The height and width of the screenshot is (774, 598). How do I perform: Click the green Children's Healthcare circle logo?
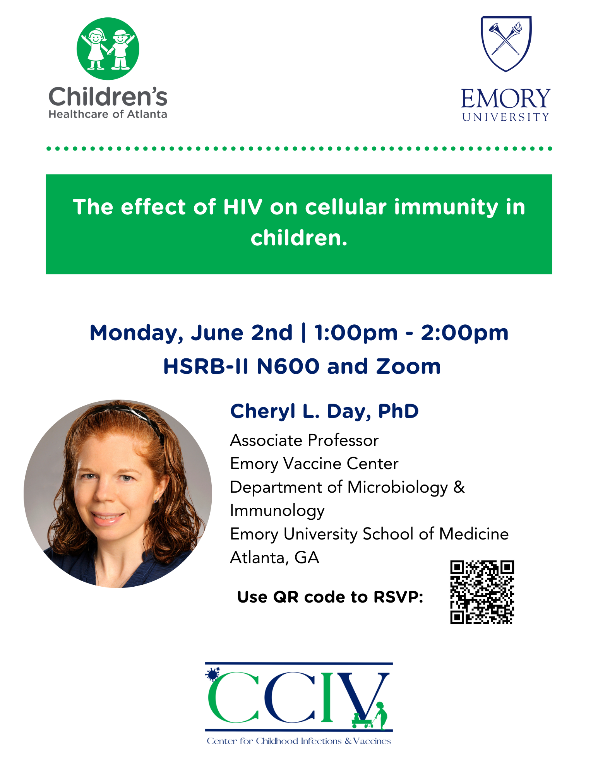point(108,49)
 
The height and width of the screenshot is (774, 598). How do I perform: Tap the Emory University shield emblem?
point(506,44)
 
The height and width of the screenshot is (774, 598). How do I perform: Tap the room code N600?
point(288,366)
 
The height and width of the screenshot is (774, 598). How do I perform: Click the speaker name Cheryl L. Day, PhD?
point(324,411)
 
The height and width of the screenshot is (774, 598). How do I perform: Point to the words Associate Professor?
point(304,440)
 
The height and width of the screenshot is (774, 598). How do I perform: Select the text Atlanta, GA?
point(274,558)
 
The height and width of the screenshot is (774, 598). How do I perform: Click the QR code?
point(482,592)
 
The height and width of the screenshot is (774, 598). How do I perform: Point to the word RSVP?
point(398,597)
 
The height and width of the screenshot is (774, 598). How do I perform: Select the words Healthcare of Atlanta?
point(108,114)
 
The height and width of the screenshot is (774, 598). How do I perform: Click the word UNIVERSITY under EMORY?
point(505,117)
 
